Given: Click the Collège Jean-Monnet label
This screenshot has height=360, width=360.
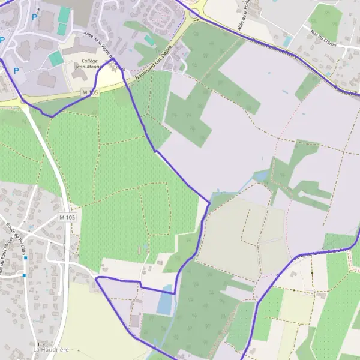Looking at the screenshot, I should click(x=89, y=64).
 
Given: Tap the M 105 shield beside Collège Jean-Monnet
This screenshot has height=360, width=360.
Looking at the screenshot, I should click(x=89, y=92).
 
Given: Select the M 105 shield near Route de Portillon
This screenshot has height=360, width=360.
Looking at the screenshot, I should click(x=67, y=216).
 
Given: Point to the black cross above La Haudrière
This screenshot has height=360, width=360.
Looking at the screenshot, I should click(x=38, y=344).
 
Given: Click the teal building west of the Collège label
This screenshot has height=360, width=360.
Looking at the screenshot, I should click(x=55, y=58).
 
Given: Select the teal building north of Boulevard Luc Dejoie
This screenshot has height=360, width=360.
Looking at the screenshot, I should click(x=149, y=40).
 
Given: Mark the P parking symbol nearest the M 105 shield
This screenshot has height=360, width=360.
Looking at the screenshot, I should click(x=16, y=71).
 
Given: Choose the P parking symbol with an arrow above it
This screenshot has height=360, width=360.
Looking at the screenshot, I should click(x=35, y=17).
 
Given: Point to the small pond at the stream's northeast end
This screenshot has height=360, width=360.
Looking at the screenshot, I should click(x=262, y=176).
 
